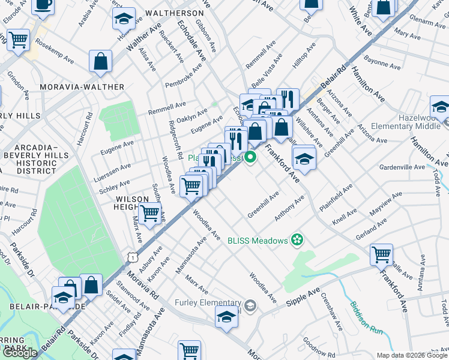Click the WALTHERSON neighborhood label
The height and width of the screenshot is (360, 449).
(173, 13)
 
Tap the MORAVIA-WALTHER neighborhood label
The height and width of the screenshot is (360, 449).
(82, 87)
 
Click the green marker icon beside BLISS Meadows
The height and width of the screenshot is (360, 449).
(296, 241)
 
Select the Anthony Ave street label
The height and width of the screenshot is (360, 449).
(290, 207)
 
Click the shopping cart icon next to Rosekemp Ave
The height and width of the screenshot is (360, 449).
(19, 40)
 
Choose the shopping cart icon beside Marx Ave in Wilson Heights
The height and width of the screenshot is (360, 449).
(149, 212)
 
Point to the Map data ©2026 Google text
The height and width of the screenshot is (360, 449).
(412, 355)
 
